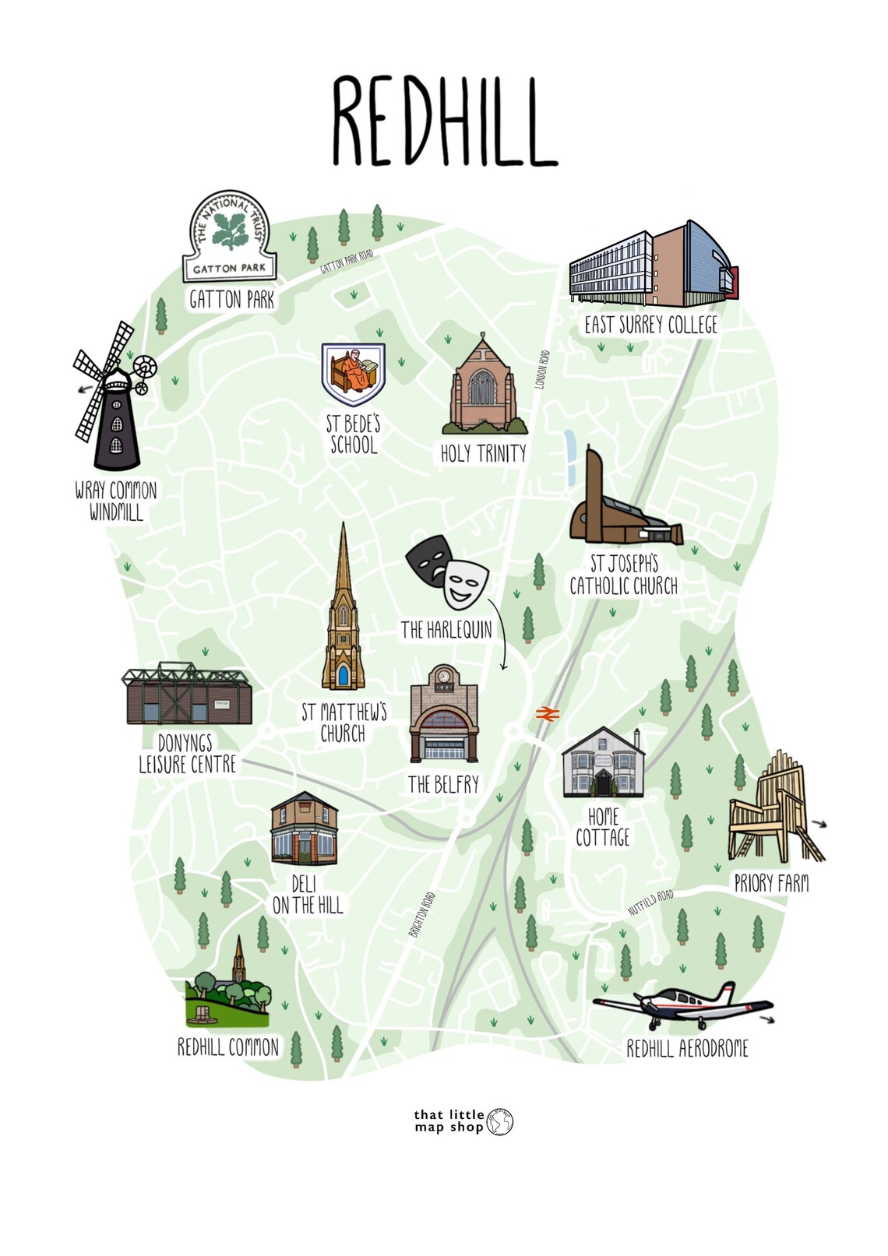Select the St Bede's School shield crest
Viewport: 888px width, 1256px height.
tap(354, 372)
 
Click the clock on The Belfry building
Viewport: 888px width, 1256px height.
tap(444, 676)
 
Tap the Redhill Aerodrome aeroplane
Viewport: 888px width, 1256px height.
tap(685, 1008)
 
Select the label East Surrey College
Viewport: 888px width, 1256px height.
tap(651, 325)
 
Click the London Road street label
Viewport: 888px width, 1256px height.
tap(544, 369)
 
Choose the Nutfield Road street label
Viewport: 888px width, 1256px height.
tap(650, 902)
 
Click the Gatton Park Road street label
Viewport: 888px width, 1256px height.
tap(347, 261)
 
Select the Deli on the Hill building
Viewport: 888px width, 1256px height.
tap(305, 829)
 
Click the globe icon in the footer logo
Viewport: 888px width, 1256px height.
tap(500, 1121)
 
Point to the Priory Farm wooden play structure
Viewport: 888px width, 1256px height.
tap(771, 810)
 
